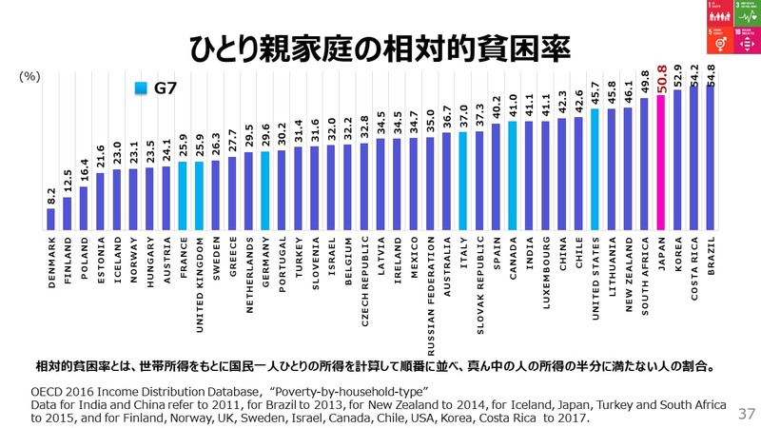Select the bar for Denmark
51,220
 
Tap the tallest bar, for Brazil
711,158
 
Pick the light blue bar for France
183,196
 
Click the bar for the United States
595,169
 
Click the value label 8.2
51,197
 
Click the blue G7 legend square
141,88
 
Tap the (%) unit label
29,77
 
